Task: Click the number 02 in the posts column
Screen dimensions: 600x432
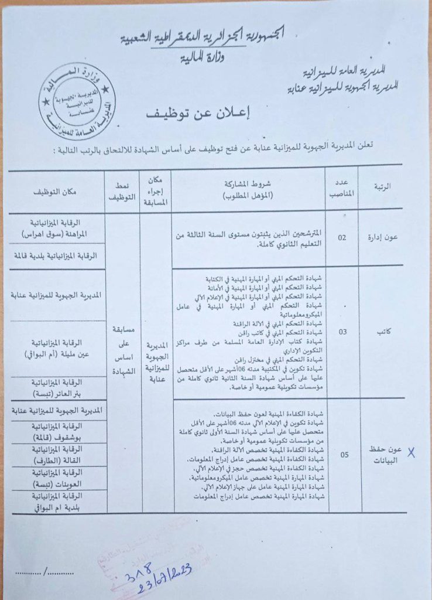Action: pos(342,238)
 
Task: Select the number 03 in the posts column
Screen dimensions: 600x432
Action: pos(342,332)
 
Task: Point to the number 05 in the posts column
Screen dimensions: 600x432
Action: pos(342,454)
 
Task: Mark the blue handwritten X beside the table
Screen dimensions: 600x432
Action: pos(412,452)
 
